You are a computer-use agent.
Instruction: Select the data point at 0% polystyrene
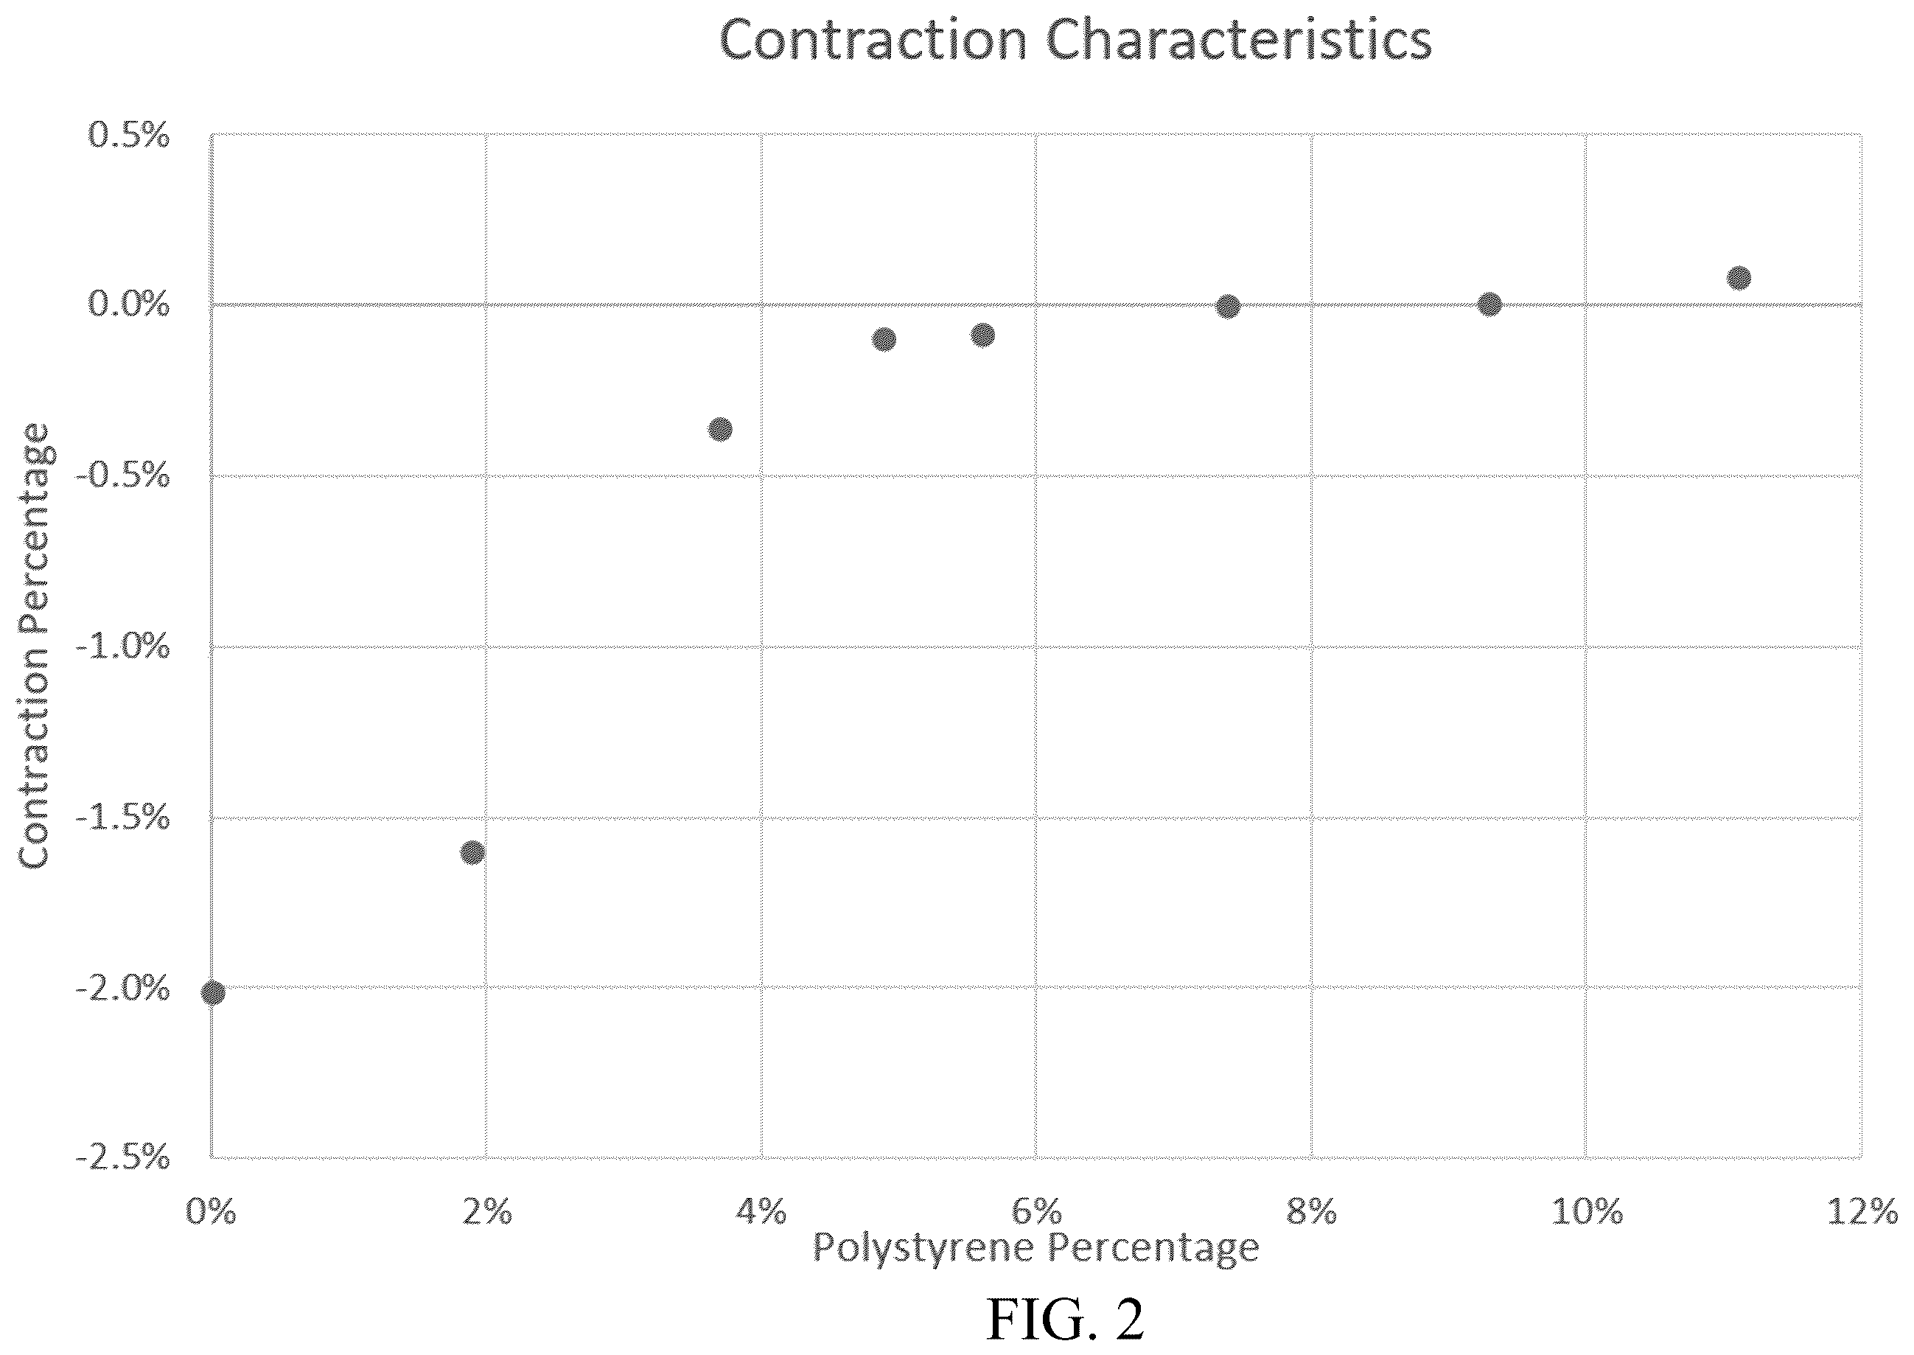pyautogui.click(x=213, y=993)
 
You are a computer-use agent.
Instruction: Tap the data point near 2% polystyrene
pyautogui.click(x=472, y=853)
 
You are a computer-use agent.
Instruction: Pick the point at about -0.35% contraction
pyautogui.click(x=721, y=430)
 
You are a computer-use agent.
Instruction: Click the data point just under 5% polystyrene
pyautogui.click(x=884, y=340)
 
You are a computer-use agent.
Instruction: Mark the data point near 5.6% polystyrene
pyautogui.click(x=983, y=335)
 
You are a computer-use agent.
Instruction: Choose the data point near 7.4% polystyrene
pyautogui.click(x=1228, y=306)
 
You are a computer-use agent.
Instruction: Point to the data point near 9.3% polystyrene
pyautogui.click(x=1490, y=304)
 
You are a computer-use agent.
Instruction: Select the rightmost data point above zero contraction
pyautogui.click(x=1739, y=278)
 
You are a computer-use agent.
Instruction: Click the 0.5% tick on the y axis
pyautogui.click(x=128, y=135)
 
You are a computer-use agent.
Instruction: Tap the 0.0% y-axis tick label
pyautogui.click(x=128, y=305)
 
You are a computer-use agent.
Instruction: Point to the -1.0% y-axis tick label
pyautogui.click(x=122, y=647)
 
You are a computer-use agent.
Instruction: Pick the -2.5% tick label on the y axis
pyautogui.click(x=122, y=1157)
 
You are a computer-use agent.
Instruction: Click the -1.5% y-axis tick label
pyautogui.click(x=122, y=818)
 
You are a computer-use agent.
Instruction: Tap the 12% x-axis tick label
pyautogui.click(x=1862, y=1211)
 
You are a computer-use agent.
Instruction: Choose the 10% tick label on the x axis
pyautogui.click(x=1587, y=1211)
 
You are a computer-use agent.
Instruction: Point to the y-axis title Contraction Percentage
pyautogui.click(x=35, y=646)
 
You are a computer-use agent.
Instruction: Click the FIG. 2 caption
pyautogui.click(x=1066, y=1319)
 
